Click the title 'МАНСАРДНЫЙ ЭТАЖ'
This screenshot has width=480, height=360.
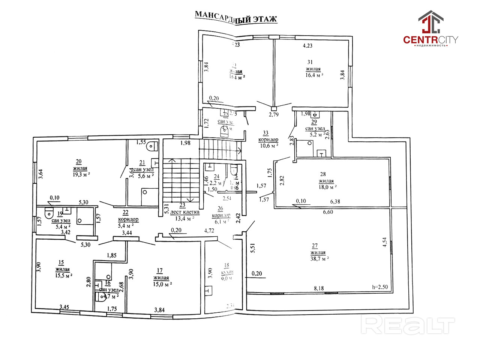point(236,17)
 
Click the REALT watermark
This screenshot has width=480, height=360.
point(408,325)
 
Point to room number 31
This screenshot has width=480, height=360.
point(310,62)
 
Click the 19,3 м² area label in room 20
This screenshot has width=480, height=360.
point(81,175)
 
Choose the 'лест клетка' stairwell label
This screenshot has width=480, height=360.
point(184,212)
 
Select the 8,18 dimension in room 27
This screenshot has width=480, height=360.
point(319,288)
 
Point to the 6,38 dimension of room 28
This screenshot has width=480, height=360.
point(335,201)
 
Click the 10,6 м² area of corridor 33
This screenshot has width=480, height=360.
point(268,145)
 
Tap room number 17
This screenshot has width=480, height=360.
point(160,270)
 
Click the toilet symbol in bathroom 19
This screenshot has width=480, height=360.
point(49,213)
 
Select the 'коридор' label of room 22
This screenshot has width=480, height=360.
point(128,219)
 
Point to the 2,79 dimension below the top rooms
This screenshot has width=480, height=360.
point(274,114)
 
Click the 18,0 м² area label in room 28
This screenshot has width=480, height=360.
point(326,187)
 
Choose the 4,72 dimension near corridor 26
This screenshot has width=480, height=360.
point(209,230)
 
